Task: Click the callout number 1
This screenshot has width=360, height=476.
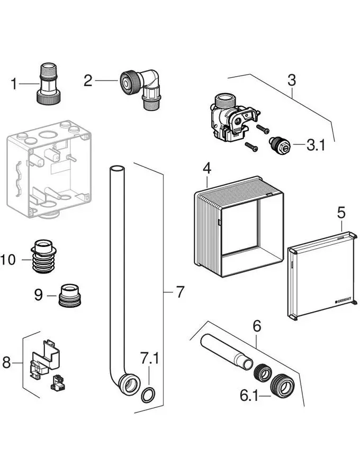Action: [14, 84]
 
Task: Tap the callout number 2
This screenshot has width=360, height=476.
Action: [88, 80]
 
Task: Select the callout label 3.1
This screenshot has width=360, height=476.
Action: [317, 144]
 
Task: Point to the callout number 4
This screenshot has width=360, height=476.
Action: [207, 169]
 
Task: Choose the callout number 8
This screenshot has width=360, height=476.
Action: [6, 363]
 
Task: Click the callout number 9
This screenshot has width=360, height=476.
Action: [39, 295]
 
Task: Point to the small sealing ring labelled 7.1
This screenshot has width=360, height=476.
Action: [149, 393]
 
